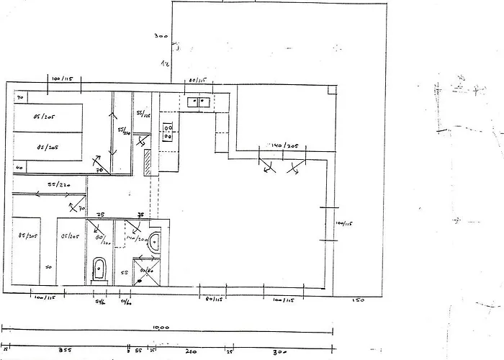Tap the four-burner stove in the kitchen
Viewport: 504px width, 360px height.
(x=168, y=131)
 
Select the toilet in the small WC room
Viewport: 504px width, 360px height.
(x=99, y=271)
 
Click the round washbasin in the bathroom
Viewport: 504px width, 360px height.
(x=154, y=245)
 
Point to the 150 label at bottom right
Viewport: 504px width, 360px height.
(x=358, y=300)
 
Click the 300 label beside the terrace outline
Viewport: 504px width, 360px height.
(x=161, y=35)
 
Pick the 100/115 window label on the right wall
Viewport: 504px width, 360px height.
(x=341, y=224)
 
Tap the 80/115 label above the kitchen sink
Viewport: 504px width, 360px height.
(x=197, y=80)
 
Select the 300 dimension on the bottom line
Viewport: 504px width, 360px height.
(x=281, y=352)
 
